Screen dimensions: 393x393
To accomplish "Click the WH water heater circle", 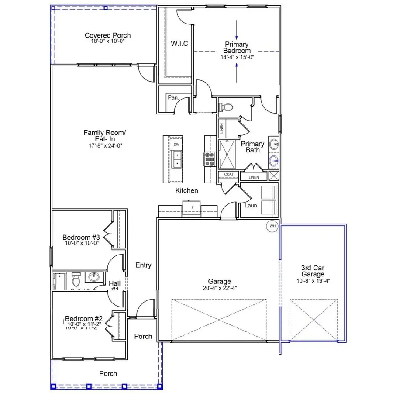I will coord(273,226).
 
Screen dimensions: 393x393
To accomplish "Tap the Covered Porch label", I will coord(107,35).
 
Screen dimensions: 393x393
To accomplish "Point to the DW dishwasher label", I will coord(176,144).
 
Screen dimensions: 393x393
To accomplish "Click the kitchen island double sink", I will coord(177,159).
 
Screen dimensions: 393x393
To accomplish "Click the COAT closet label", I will coord(229,175).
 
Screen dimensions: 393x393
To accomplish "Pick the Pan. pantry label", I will coord(173,97).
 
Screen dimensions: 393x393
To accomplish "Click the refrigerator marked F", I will coord(191,207).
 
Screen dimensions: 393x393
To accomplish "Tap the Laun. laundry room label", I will coord(251,204).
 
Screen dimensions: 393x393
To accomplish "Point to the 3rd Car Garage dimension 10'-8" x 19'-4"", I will coord(313,281).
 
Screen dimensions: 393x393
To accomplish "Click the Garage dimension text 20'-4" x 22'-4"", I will coord(219,288).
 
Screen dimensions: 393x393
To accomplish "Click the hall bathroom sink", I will coord(93,277).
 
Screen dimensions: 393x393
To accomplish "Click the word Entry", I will coord(143,265).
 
